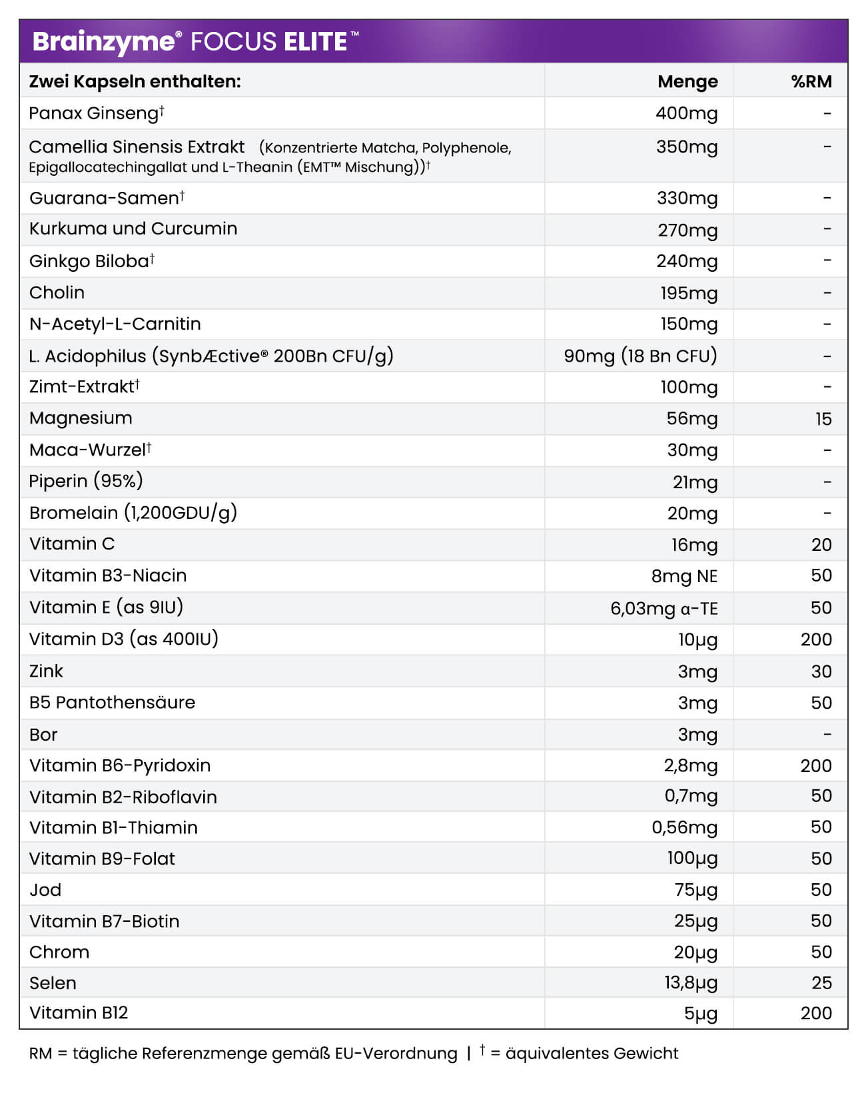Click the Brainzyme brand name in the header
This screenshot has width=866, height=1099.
(x=103, y=42)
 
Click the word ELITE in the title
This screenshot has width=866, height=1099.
(x=315, y=42)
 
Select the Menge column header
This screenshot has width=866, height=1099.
(x=687, y=81)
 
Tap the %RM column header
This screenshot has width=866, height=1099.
(x=811, y=81)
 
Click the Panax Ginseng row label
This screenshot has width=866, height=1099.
(x=93, y=113)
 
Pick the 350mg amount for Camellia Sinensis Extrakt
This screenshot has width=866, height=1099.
(x=687, y=147)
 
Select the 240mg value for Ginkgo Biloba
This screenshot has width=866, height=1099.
(x=687, y=261)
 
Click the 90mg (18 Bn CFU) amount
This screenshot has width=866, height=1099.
(x=640, y=356)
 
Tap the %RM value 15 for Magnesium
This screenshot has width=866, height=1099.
(x=823, y=419)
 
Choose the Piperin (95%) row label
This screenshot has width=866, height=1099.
(x=86, y=481)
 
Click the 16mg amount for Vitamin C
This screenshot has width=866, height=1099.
(x=694, y=545)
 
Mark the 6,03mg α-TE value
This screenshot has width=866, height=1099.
(x=663, y=608)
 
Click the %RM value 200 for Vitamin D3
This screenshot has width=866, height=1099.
(x=816, y=639)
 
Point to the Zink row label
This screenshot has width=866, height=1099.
(x=46, y=671)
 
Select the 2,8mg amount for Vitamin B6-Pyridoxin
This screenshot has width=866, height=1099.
(x=690, y=766)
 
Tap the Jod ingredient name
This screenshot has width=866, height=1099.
(x=45, y=890)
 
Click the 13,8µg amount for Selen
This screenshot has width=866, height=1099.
(x=690, y=983)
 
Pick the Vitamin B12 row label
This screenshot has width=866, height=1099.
(x=79, y=1013)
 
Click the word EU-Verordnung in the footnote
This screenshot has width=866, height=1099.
(x=396, y=1054)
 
